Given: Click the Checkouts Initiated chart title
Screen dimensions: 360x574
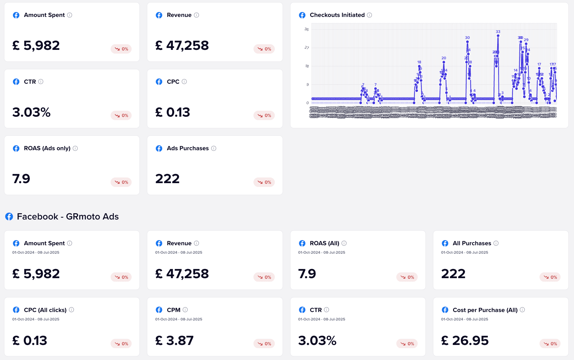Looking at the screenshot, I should coord(337,15).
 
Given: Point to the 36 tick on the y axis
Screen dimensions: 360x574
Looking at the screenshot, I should coord(306,29).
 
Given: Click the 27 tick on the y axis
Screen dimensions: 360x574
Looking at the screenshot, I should coord(306,48).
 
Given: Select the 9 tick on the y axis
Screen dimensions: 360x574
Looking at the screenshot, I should coord(307,85).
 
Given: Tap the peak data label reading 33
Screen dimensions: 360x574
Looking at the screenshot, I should coord(498,32).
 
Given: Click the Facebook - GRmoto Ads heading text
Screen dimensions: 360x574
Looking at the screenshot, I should coord(68,217).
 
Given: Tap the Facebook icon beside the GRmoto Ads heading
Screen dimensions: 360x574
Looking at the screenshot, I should coord(9,217).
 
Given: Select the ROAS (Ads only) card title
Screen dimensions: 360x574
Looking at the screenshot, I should coord(47,148).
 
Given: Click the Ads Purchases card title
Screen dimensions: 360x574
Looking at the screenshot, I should coord(188,148).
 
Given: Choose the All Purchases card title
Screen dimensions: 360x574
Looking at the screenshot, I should coord(472,243).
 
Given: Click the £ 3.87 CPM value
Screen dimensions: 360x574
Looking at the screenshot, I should coord(174,341).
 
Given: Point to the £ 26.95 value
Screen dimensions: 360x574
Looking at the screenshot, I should coord(465,341).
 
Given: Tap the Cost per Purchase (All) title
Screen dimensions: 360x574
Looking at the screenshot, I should coord(485,310).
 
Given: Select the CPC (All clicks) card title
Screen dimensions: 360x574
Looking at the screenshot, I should coord(45,310).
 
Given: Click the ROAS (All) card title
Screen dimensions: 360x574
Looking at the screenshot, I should coord(324,243).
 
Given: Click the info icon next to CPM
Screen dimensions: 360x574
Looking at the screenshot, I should coord(185,310).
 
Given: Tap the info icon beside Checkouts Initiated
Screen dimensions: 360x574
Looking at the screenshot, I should coord(369,15).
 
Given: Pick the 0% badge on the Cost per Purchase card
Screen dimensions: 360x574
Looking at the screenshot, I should coord(550,344).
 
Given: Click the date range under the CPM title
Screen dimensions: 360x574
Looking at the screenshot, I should coord(179,319).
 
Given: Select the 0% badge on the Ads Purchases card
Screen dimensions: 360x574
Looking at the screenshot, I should coord(264,182).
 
